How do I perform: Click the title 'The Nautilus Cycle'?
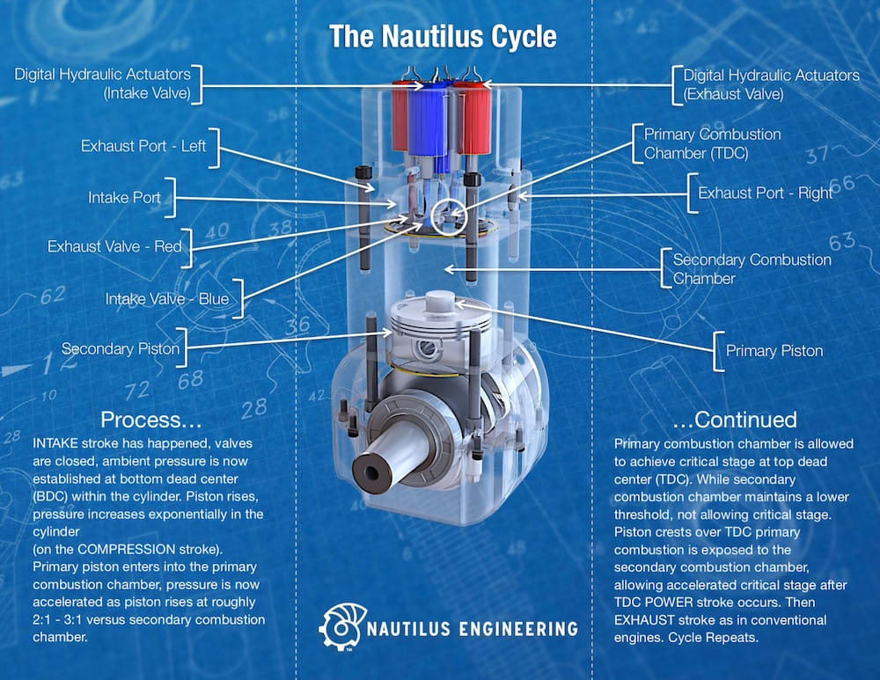click(x=443, y=37)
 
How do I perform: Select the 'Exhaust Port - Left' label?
click(x=143, y=146)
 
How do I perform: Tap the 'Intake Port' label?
click(x=124, y=198)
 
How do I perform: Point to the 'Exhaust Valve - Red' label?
click(x=114, y=247)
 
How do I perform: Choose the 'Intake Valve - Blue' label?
click(x=167, y=299)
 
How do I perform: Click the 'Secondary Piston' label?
click(x=121, y=349)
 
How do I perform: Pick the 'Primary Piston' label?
click(x=774, y=351)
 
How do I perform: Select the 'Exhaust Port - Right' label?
click(x=766, y=193)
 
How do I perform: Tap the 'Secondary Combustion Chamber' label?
click(x=752, y=269)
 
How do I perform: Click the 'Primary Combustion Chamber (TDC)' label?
click(x=712, y=143)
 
